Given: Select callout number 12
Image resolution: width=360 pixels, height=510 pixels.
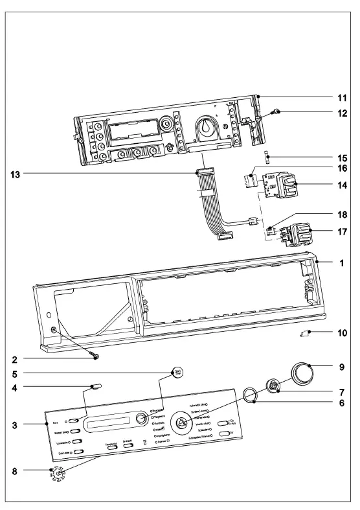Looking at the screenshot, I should point(341,112).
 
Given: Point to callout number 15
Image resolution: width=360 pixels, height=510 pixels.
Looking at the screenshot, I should point(341,157).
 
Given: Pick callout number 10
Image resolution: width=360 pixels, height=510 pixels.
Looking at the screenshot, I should point(341,334).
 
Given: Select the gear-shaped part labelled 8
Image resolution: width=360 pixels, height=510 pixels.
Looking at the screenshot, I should point(58,474).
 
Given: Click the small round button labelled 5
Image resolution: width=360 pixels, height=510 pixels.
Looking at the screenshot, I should point(177,371).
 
